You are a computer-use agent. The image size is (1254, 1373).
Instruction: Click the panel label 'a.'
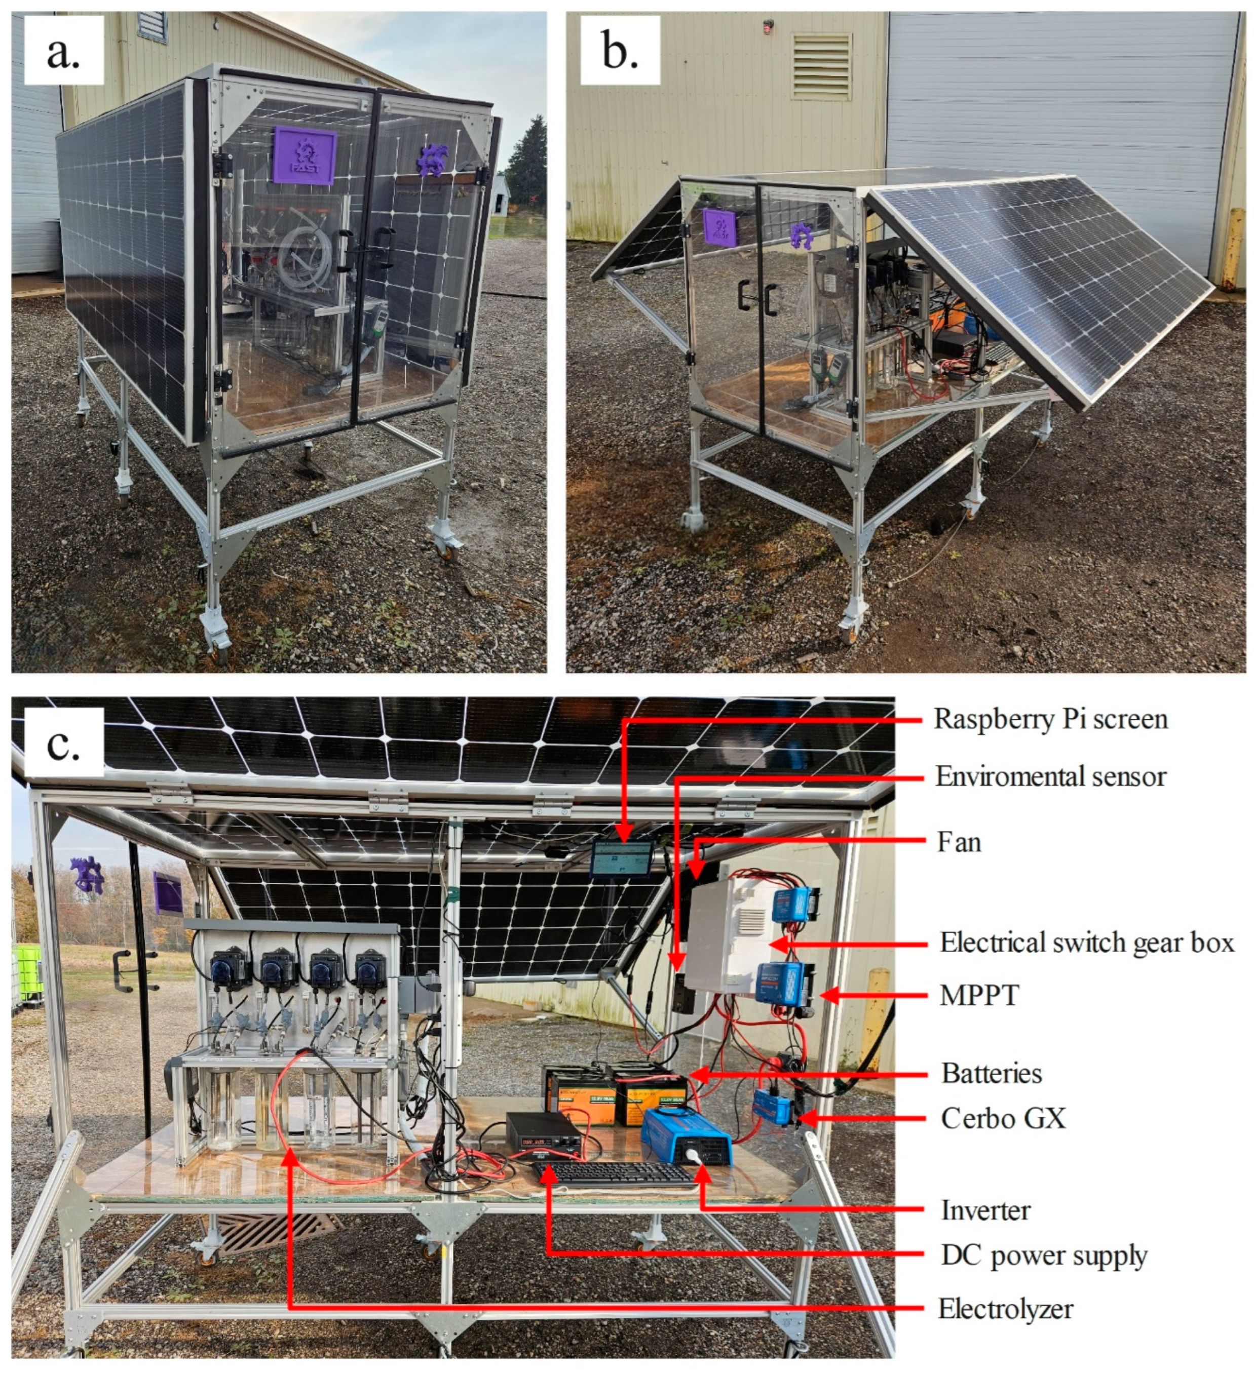tap(63, 51)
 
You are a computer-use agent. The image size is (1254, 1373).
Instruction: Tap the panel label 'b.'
tap(619, 51)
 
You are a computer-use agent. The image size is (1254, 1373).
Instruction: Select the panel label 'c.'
tap(63, 743)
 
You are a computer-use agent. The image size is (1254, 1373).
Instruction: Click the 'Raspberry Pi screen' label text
tap(1050, 719)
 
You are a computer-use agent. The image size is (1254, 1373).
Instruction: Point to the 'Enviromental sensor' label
tap(1050, 777)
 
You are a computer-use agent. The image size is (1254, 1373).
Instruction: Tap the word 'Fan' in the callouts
tap(959, 842)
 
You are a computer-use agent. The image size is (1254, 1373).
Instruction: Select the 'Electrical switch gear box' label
tap(1086, 943)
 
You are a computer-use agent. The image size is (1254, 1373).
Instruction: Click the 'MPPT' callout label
tap(979, 996)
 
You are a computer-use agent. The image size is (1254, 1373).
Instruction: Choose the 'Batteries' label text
tap(991, 1073)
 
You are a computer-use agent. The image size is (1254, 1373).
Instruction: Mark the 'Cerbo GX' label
tap(1003, 1118)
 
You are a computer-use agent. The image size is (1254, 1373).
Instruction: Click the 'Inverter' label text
tap(985, 1210)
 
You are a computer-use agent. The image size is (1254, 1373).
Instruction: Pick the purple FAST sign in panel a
tap(305, 155)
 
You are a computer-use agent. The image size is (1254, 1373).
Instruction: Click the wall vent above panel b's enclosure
tap(821, 66)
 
